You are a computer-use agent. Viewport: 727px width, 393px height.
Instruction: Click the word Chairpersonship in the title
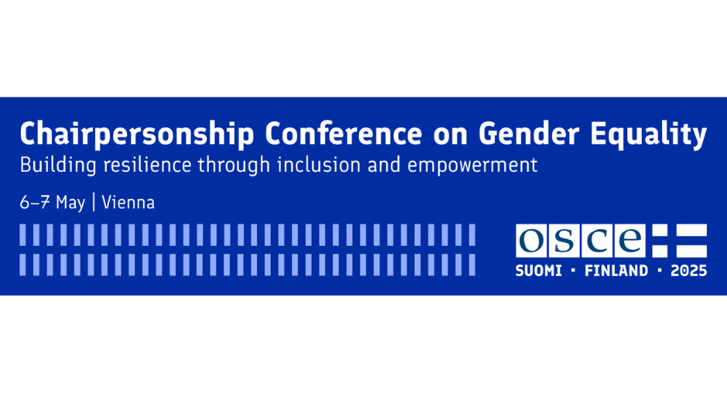[137, 135]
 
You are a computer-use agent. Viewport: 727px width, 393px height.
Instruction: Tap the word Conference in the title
[343, 134]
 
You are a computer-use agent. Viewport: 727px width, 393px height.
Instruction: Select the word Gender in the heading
[528, 134]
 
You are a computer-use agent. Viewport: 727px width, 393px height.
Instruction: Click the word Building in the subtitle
[58, 166]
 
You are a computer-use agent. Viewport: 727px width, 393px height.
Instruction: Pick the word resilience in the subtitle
[148, 166]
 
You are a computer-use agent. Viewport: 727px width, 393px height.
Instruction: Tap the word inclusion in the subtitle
[319, 166]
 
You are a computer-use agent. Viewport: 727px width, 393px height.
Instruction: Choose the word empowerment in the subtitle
[473, 166]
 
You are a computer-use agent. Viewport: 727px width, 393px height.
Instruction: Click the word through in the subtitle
[234, 166]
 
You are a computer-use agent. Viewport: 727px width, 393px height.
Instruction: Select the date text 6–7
[35, 203]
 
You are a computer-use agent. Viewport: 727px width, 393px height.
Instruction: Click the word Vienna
[128, 203]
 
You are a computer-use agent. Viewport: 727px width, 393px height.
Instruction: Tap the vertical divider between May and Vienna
[94, 203]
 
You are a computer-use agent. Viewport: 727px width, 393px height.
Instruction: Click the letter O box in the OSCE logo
[531, 241]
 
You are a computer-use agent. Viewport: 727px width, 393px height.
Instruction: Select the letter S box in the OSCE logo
[564, 241]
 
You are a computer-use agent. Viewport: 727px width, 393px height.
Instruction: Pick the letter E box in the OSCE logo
[630, 241]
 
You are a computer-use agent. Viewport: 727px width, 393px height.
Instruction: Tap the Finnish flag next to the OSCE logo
[680, 241]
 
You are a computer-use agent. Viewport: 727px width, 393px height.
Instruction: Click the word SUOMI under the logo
[539, 271]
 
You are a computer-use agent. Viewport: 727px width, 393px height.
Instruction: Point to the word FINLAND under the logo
[616, 271]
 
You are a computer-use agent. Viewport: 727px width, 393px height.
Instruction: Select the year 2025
[689, 271]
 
